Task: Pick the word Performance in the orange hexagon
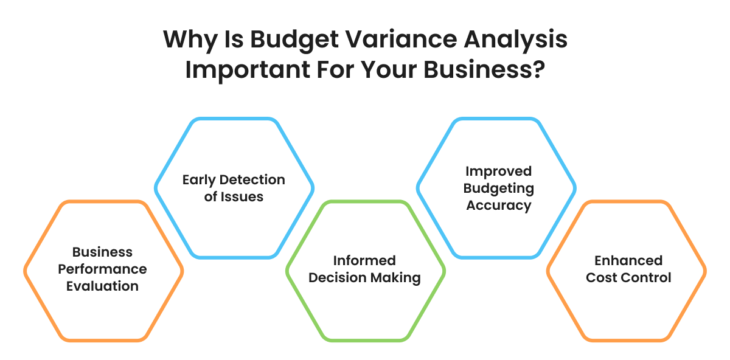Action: (x=102, y=269)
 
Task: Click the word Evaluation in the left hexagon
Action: (x=102, y=286)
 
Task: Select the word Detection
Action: (x=252, y=179)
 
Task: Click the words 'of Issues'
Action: (x=234, y=197)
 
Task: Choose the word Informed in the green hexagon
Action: (x=364, y=260)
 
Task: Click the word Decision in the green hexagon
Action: (x=337, y=277)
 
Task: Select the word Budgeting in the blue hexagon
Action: (x=499, y=189)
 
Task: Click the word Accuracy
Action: (x=499, y=206)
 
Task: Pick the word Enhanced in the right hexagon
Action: (x=628, y=260)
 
